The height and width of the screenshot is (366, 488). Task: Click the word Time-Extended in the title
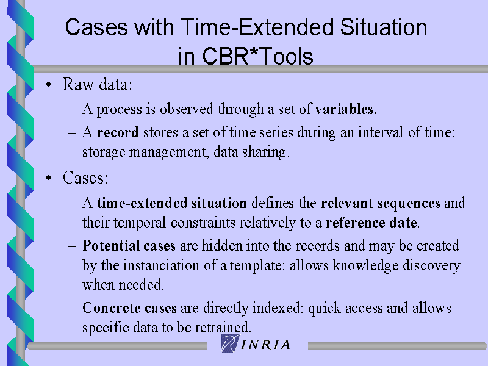(x=257, y=27)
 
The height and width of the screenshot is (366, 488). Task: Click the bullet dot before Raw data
(x=48, y=85)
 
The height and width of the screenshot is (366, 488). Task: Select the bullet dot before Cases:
(x=48, y=178)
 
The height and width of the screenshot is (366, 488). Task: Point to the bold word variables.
(x=346, y=109)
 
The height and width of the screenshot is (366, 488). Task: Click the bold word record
(x=118, y=132)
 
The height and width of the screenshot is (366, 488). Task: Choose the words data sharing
(x=251, y=152)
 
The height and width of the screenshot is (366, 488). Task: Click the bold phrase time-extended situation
(x=172, y=203)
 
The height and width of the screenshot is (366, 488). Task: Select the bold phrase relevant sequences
(x=381, y=204)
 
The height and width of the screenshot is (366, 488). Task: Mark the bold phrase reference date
(x=371, y=223)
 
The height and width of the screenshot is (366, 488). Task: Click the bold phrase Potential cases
(x=129, y=246)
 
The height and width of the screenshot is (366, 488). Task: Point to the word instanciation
(x=162, y=265)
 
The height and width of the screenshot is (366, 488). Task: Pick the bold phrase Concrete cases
(x=129, y=308)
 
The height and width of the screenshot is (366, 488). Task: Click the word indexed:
(x=278, y=308)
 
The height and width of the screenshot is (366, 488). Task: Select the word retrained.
(x=223, y=328)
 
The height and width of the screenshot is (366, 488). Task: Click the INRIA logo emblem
(x=231, y=343)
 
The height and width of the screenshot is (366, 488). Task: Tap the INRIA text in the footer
(x=265, y=345)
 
